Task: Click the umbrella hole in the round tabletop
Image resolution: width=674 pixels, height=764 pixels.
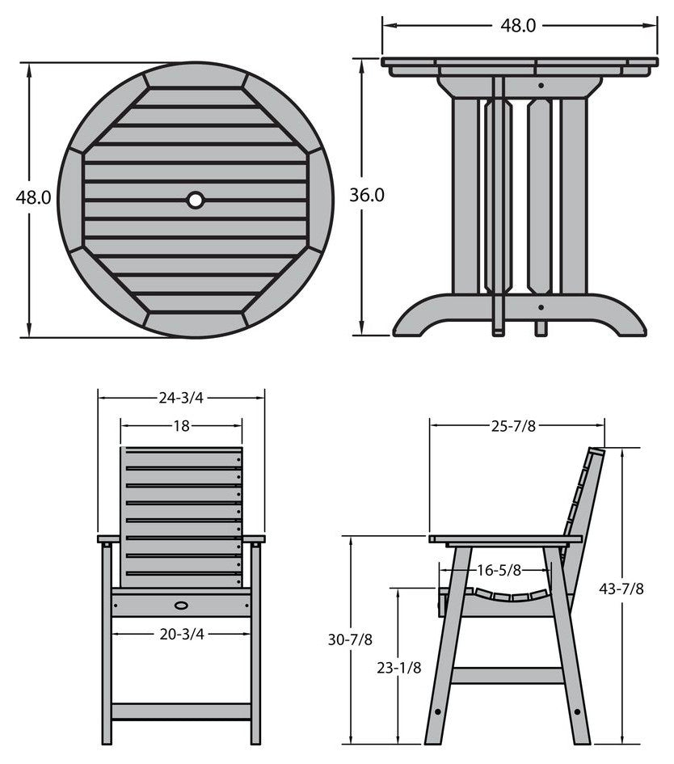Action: [x=196, y=200]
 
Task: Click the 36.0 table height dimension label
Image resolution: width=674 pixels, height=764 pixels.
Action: [x=367, y=195]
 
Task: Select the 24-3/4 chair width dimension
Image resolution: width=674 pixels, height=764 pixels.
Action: [x=181, y=398]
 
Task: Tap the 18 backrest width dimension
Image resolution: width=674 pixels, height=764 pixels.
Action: [x=181, y=426]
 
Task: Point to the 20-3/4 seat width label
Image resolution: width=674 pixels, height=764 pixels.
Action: [x=182, y=634]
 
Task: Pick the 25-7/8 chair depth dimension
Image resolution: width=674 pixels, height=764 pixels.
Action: [x=513, y=426]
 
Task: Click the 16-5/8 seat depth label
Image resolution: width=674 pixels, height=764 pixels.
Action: [x=499, y=570]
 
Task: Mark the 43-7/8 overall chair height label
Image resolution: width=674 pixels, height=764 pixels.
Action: [x=621, y=589]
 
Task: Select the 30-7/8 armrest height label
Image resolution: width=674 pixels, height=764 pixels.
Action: [x=350, y=639]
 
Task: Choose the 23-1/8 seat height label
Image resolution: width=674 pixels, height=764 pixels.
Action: [x=399, y=668]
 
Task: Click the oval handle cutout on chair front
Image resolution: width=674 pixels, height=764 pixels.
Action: [x=181, y=606]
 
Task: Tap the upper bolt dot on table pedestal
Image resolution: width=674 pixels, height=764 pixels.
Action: [x=541, y=85]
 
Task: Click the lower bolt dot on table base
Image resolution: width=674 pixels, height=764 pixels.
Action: [x=541, y=307]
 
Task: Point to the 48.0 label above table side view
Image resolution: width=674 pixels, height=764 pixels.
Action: [x=518, y=26]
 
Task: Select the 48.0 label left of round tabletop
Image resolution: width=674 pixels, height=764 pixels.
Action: [x=33, y=197]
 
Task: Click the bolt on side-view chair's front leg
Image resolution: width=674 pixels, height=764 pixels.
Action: [x=437, y=712]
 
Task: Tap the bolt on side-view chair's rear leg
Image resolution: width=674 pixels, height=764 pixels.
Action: [x=577, y=712]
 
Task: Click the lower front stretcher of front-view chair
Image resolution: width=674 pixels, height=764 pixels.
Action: [x=181, y=711]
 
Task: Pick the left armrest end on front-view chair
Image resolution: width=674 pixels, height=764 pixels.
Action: [x=108, y=539]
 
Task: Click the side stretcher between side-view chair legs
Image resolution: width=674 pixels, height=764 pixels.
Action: [x=507, y=675]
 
